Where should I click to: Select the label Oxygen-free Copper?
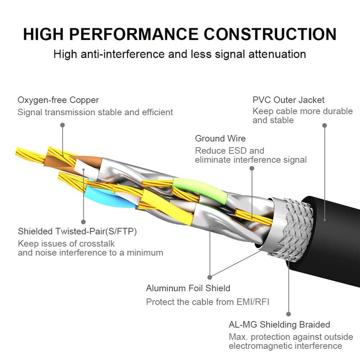pos(58,100)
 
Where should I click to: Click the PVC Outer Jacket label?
pos(288,100)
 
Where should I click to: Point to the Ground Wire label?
pos(220,139)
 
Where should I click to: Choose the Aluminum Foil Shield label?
pos(188,288)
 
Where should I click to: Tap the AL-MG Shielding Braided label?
pos(279,324)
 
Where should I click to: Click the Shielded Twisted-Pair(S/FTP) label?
pos(77,232)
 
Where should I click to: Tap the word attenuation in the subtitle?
pos(278,54)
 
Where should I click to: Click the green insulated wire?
pos(198,186)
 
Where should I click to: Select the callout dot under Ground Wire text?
pos(252,169)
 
